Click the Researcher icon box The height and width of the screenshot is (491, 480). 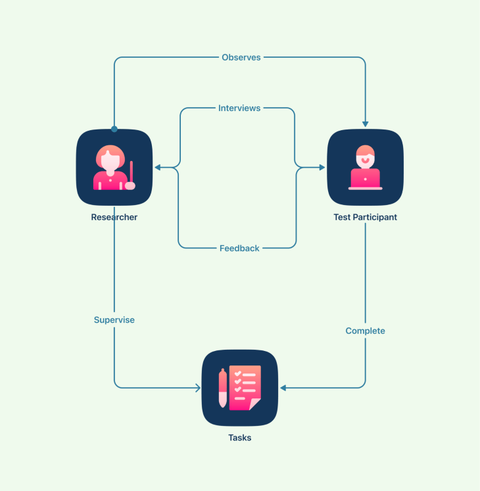coord(114,167)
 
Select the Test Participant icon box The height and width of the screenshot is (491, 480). coord(365,167)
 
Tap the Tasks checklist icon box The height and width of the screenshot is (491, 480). coord(239,388)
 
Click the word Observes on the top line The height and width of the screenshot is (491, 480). coord(241,57)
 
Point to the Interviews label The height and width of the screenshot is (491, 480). coord(239,108)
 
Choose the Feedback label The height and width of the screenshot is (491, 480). coord(239,248)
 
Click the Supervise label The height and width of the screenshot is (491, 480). coord(114,320)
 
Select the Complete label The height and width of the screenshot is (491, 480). coord(365,331)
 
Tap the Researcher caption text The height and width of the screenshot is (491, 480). coord(114,218)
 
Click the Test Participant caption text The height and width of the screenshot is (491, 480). coord(365,218)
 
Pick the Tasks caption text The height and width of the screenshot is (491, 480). coord(239,438)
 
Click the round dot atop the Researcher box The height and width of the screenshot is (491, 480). coord(114,129)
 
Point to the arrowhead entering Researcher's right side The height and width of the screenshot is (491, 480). coord(158,168)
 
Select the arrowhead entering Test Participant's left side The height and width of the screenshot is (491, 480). coord(322,168)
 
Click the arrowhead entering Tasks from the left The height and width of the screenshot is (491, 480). coord(197,388)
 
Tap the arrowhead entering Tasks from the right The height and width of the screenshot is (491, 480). coord(283,388)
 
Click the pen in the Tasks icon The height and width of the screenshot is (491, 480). coord(222,388)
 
